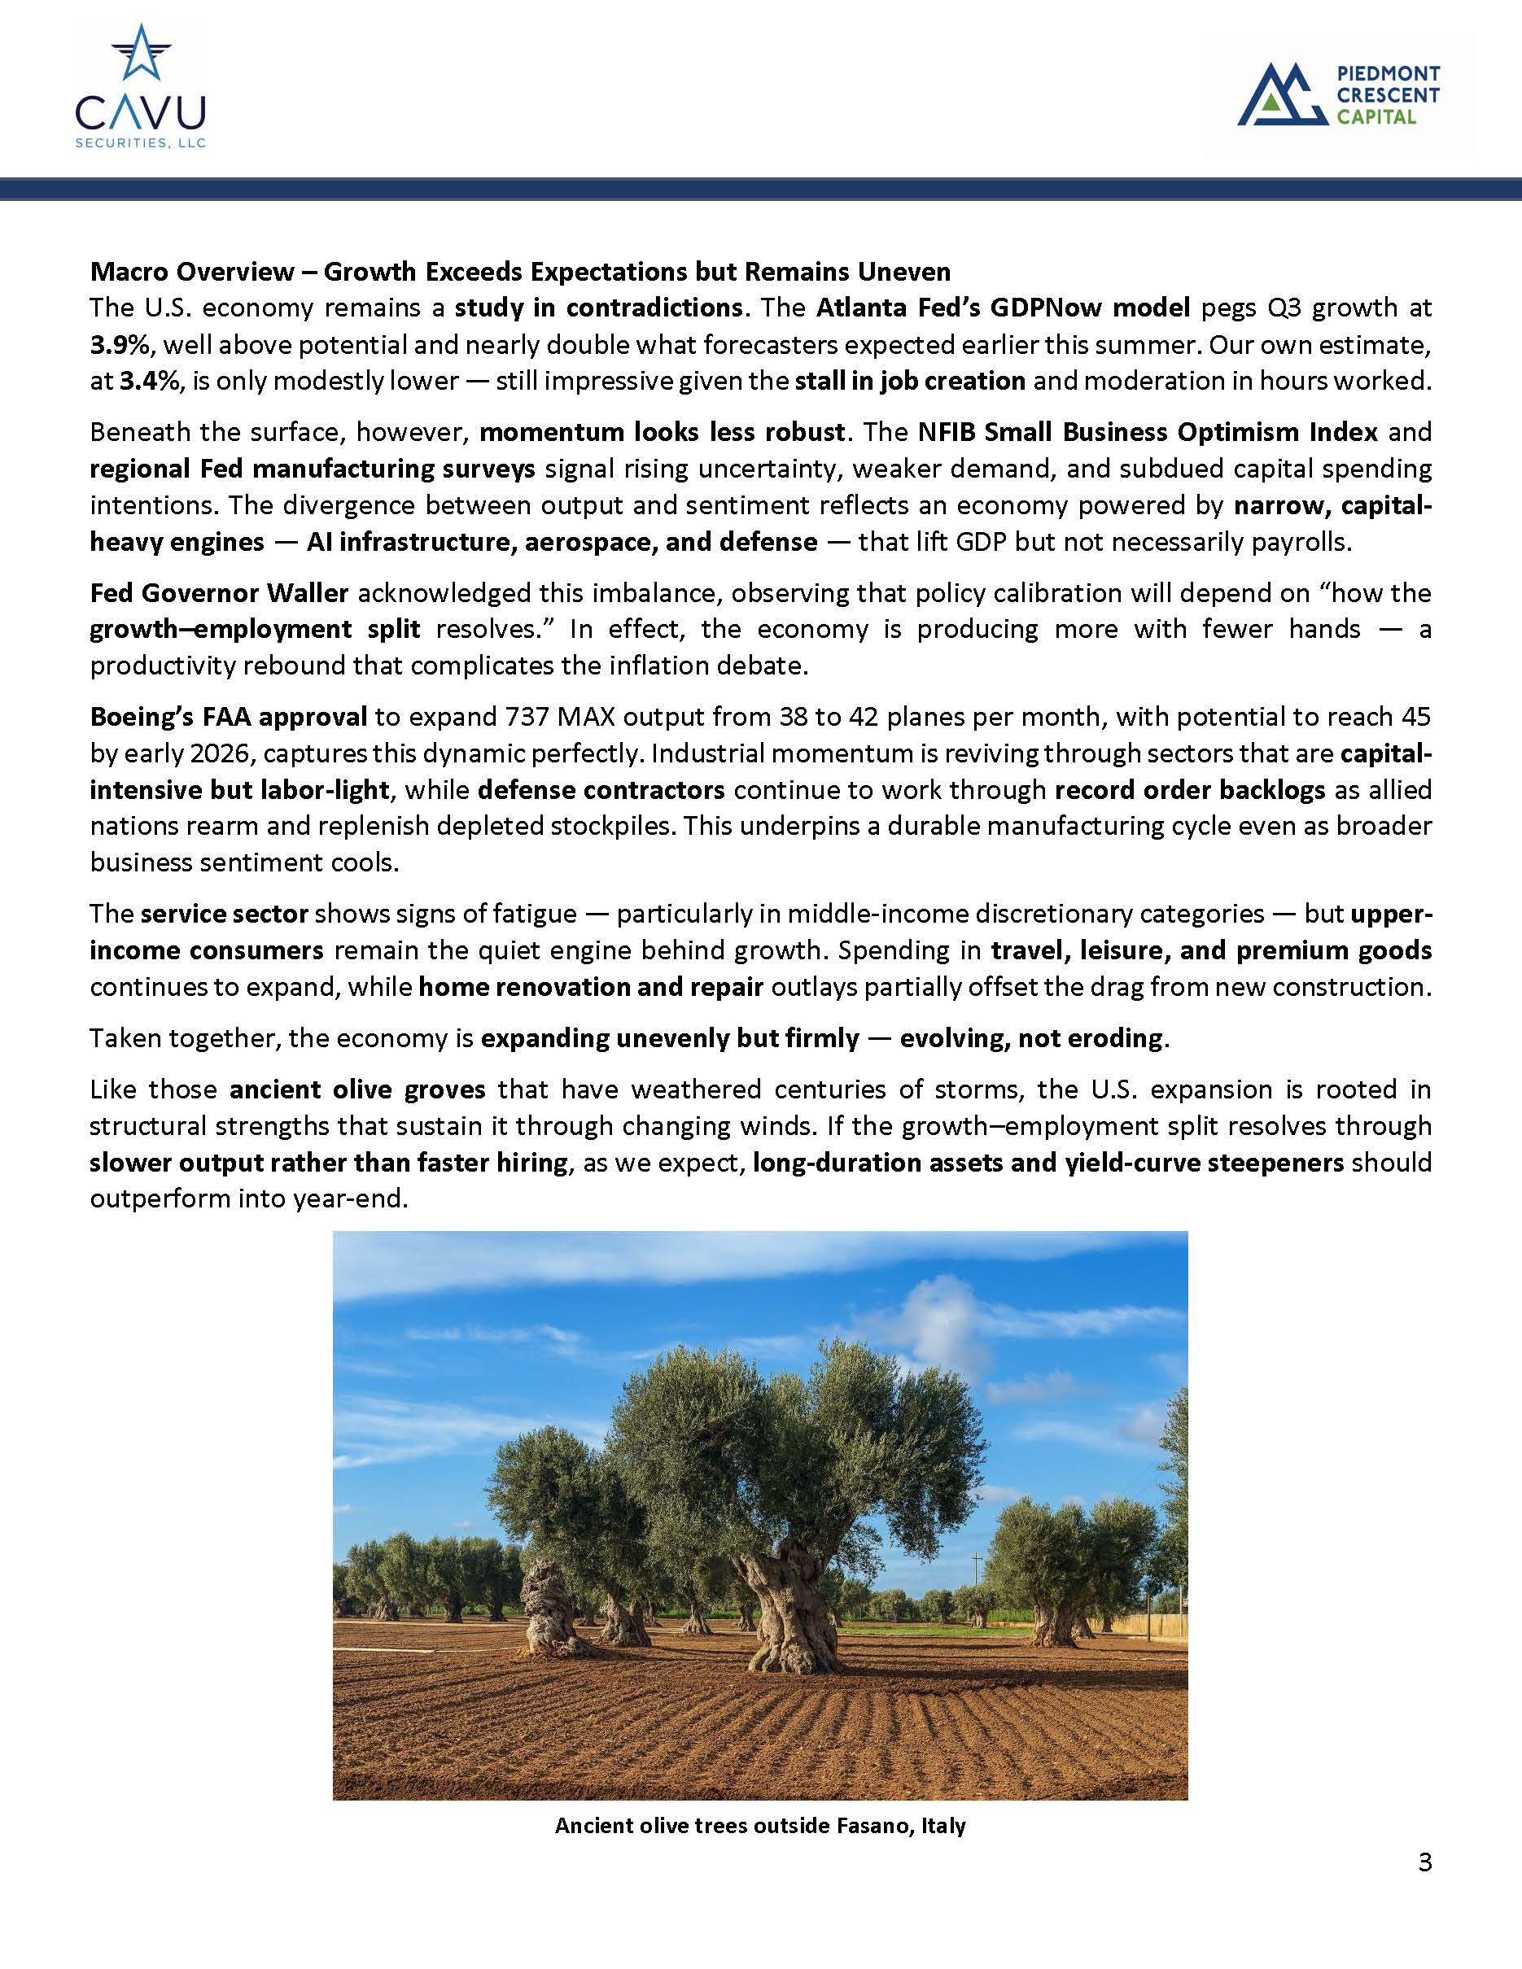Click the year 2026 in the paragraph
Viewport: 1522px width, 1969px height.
click(219, 753)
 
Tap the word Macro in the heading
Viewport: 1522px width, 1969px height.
click(128, 272)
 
